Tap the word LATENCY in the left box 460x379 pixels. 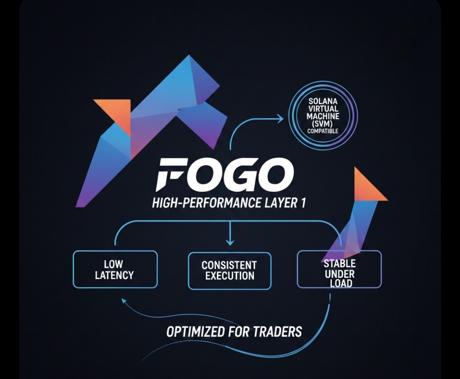pyautogui.click(x=114, y=275)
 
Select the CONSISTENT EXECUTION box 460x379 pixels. pyautogui.click(x=230, y=271)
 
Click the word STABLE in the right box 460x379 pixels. pyautogui.click(x=339, y=263)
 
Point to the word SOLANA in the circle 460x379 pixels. pyautogui.click(x=323, y=101)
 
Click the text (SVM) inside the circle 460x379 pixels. pyautogui.click(x=323, y=124)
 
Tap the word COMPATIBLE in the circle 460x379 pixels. pyautogui.click(x=323, y=131)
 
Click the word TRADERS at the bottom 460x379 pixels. pyautogui.click(x=277, y=331)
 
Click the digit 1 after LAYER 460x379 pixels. pyautogui.click(x=303, y=203)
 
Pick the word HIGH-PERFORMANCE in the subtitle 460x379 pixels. pyautogui.click(x=206, y=203)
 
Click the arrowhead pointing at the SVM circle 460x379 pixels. pyautogui.click(x=280, y=119)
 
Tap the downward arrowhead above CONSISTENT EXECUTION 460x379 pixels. pyautogui.click(x=230, y=242)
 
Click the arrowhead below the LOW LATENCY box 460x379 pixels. pyautogui.click(x=123, y=301)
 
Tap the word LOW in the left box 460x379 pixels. pyautogui.click(x=113, y=264)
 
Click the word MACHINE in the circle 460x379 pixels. pyautogui.click(x=323, y=116)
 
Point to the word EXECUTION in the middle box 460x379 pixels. pyautogui.click(x=230, y=276)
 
